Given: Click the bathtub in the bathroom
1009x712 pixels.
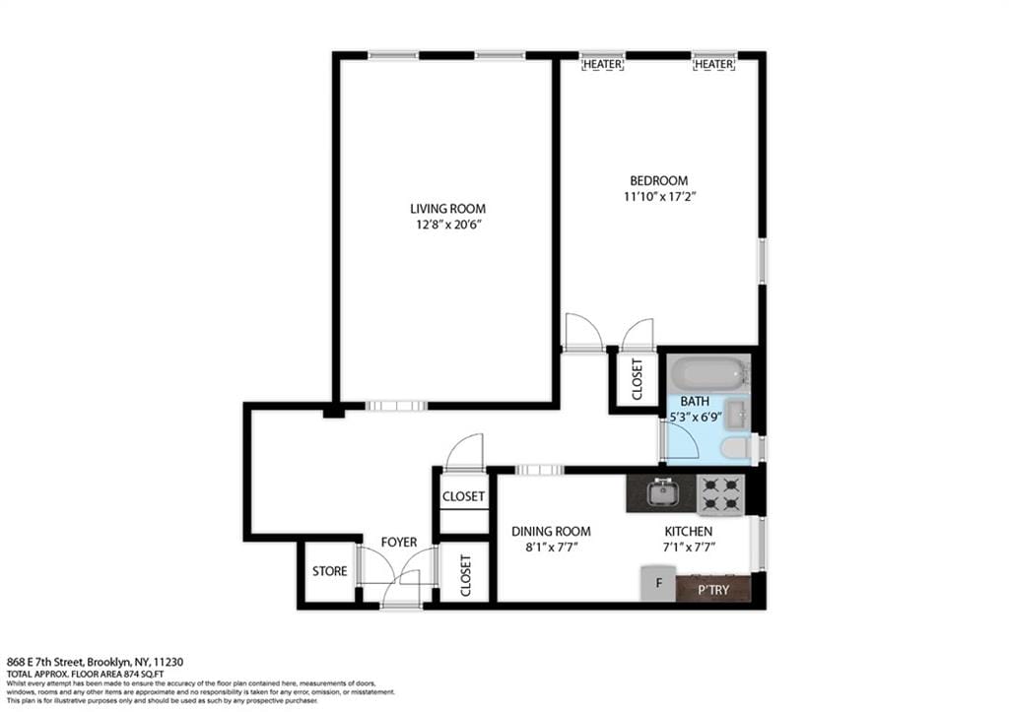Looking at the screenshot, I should tap(707, 375).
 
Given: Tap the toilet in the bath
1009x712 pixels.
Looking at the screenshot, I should tap(734, 449).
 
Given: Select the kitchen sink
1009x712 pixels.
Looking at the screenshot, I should tap(661, 490).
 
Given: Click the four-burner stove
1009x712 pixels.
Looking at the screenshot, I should tap(720, 494).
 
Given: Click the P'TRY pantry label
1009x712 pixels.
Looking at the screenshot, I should tap(713, 589).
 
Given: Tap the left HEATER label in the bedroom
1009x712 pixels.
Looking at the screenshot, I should tap(602, 64).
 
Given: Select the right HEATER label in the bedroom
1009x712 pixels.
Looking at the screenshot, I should tap(713, 64).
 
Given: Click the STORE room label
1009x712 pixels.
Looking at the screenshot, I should tap(329, 571).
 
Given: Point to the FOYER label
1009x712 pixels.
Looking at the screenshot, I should tap(399, 542).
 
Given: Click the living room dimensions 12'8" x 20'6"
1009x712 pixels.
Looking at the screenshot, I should tap(447, 225).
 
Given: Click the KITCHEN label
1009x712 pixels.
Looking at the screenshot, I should tap(688, 531).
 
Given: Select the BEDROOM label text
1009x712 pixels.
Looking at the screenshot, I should tap(659, 180).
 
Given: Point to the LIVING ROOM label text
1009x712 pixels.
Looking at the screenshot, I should tap(447, 209).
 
